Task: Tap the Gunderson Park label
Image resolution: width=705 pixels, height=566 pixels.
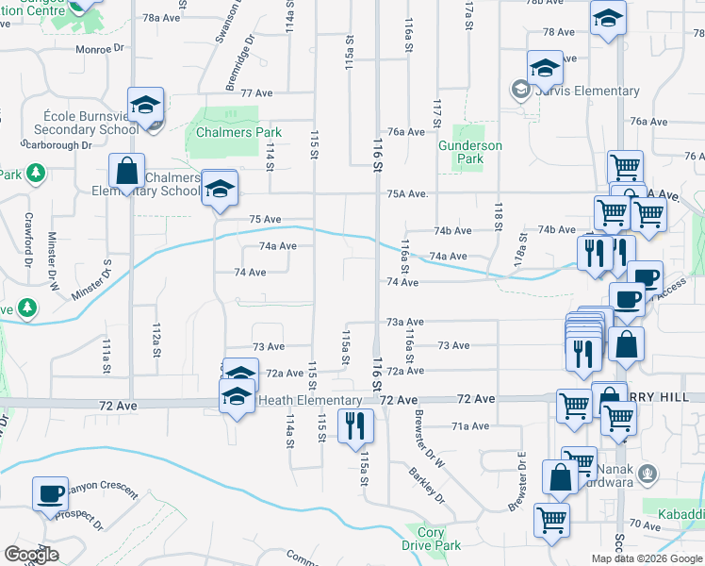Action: (469, 153)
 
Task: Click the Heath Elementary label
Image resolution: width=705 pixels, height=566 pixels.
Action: (295, 400)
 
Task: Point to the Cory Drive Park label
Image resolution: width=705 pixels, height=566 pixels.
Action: (431, 539)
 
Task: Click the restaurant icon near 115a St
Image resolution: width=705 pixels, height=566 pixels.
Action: (355, 425)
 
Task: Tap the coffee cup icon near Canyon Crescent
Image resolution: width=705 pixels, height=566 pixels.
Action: (50, 493)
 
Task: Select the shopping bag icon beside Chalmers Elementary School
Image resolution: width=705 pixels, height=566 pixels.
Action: (125, 173)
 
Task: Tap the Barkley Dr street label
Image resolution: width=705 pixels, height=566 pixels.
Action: (428, 483)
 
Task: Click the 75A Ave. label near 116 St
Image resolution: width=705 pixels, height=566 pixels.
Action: (407, 194)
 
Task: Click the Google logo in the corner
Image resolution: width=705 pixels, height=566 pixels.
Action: (31, 554)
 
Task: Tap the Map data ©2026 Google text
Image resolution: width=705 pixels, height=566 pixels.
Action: (647, 558)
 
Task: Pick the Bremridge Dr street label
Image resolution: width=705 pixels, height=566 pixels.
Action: (239, 64)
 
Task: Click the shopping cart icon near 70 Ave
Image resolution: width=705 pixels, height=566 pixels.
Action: (551, 520)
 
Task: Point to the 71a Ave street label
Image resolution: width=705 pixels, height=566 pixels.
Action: (470, 426)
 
